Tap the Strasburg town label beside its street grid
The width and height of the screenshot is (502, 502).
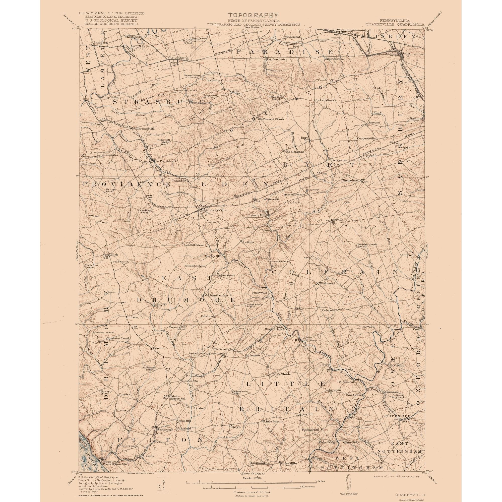point(176,58)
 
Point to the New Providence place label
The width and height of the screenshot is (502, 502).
point(165,161)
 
